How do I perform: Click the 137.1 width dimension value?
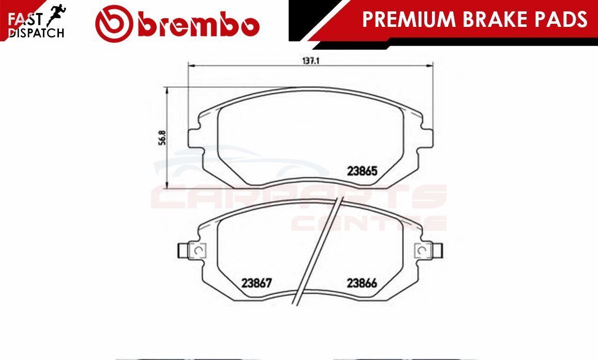(x=310, y=61)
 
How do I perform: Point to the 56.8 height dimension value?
(x=162, y=137)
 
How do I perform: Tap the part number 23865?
(x=362, y=171)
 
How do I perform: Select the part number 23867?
(x=257, y=283)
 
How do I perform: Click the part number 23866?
(x=362, y=283)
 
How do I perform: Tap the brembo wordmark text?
(x=199, y=25)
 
